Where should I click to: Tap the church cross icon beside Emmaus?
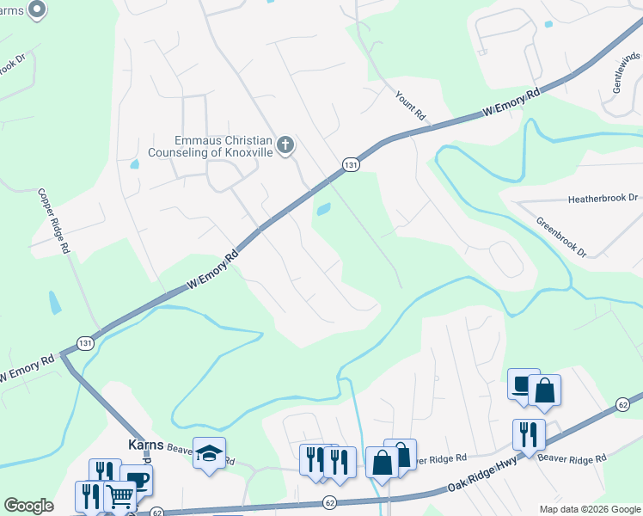pos(286,146)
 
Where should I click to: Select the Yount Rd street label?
pos(412,106)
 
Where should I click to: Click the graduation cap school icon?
pos(208,454)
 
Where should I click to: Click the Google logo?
pos(28,506)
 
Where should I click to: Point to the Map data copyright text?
pos(590,509)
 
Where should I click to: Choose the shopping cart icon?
pos(119,496)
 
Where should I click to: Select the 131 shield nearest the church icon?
pos(350,164)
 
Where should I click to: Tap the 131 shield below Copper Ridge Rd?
pos(84,343)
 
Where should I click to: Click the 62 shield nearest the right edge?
pos(623,404)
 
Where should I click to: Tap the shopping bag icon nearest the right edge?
pos(545,390)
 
